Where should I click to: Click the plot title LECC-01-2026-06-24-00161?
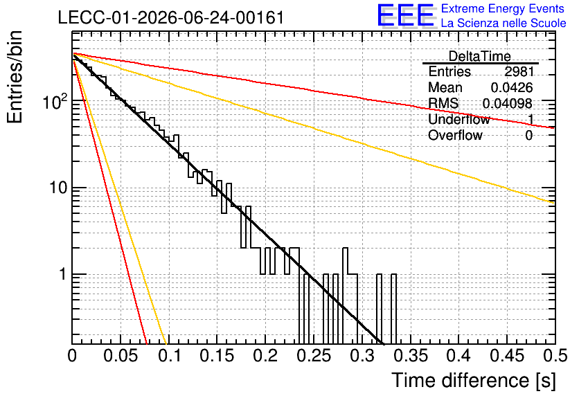tap(171, 17)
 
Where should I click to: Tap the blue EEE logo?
tap(406, 16)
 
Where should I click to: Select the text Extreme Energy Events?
tap(503, 8)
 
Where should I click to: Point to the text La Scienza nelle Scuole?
tap(504, 23)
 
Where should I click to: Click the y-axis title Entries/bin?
tap(15, 77)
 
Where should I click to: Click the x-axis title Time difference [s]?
tap(474, 381)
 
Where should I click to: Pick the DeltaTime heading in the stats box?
tap(480, 56)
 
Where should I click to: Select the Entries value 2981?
tap(519, 71)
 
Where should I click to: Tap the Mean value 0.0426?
tap(512, 87)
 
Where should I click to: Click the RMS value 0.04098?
tap(508, 104)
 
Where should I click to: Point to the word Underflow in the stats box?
tap(459, 119)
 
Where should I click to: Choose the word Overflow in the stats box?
tap(455, 136)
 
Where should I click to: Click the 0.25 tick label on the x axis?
tap(314, 356)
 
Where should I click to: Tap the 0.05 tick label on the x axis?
tap(121, 356)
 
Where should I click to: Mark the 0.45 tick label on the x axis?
tap(508, 356)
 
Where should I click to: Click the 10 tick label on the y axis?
tap(58, 188)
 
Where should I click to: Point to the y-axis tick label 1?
tap(62, 275)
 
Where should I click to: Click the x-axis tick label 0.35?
tap(411, 356)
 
